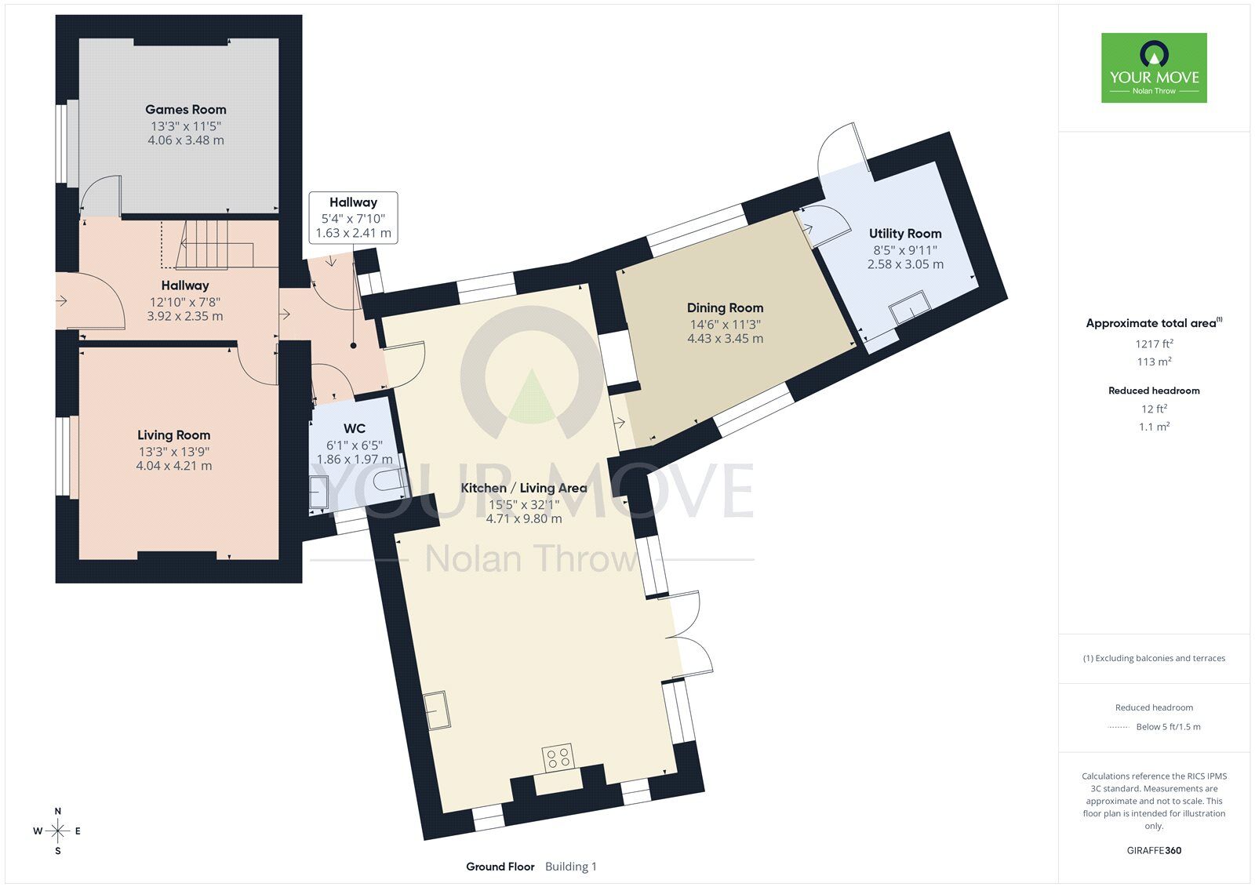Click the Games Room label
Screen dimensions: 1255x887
[x=185, y=109]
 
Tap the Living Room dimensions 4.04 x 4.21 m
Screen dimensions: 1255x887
[x=173, y=466]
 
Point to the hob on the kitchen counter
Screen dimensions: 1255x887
[x=558, y=758]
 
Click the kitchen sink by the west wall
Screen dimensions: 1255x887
[x=436, y=710]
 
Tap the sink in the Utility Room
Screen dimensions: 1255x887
[x=910, y=307]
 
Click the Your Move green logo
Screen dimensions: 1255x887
[x=1154, y=67]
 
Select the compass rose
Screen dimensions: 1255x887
[x=58, y=831]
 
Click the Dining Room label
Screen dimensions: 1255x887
[x=725, y=307]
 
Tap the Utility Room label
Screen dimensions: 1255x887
[x=905, y=233]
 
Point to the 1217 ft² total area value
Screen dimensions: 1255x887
[x=1154, y=344]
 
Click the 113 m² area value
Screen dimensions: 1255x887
[x=1154, y=362]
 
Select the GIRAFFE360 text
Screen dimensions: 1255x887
[x=1154, y=850]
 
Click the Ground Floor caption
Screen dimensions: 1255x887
[x=500, y=867]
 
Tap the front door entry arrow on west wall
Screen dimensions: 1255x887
[x=62, y=301]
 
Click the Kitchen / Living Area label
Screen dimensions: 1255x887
[x=524, y=488]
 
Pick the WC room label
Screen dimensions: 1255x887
[x=354, y=429]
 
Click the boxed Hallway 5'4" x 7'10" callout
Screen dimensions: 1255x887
[x=354, y=217]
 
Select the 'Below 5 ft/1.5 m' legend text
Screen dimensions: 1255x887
[x=1168, y=727]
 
